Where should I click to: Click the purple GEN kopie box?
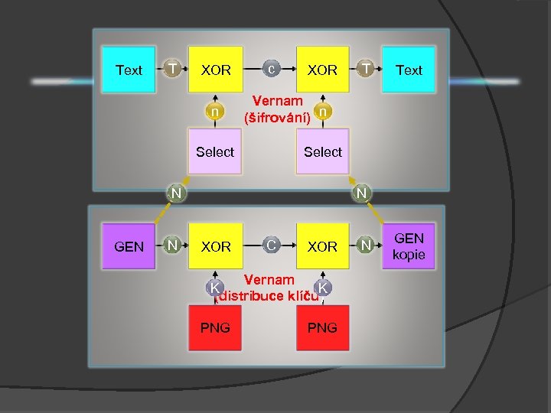409,246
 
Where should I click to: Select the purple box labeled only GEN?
129,246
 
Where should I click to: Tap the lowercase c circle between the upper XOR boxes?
271,69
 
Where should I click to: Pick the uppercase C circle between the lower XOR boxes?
271,246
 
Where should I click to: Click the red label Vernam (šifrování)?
277,109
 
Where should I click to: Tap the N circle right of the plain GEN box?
174,246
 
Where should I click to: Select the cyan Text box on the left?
129,70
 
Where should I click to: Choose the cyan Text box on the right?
409,70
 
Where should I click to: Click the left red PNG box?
215,328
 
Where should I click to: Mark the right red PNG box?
322,328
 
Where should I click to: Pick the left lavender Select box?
215,151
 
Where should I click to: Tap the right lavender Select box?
323,151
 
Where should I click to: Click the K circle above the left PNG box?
216,287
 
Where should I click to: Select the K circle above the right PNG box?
324,287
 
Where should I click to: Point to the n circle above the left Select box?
216,112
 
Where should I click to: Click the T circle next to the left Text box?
174,69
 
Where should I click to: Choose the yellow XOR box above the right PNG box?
322,246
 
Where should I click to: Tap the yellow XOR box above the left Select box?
216,70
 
